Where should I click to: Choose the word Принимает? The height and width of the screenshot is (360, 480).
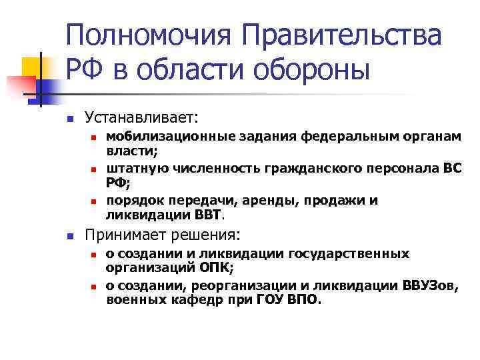click(x=121, y=235)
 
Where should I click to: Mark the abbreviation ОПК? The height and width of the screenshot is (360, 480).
click(x=216, y=268)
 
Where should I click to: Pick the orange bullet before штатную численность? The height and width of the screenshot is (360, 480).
click(x=95, y=168)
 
